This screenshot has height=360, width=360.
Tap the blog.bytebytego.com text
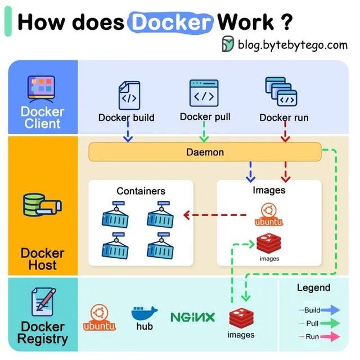[x=292, y=44]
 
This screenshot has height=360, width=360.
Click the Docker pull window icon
[x=204, y=93]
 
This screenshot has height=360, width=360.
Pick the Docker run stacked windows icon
[x=281, y=93]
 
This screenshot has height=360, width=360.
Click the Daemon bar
[x=205, y=152]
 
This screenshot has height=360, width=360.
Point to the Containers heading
[x=141, y=191]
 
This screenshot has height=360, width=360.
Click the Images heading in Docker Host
[x=268, y=190]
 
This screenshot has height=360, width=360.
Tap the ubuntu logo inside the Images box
[x=268, y=215]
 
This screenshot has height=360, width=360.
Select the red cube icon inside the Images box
[x=269, y=244]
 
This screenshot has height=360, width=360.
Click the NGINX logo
[x=192, y=317]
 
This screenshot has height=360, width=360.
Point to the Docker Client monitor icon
[x=42, y=88]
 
